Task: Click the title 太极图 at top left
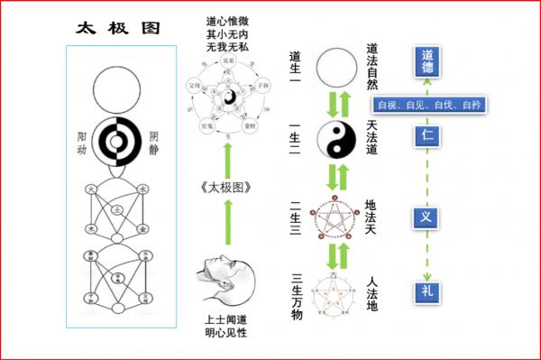(115, 27)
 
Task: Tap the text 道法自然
(372, 65)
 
